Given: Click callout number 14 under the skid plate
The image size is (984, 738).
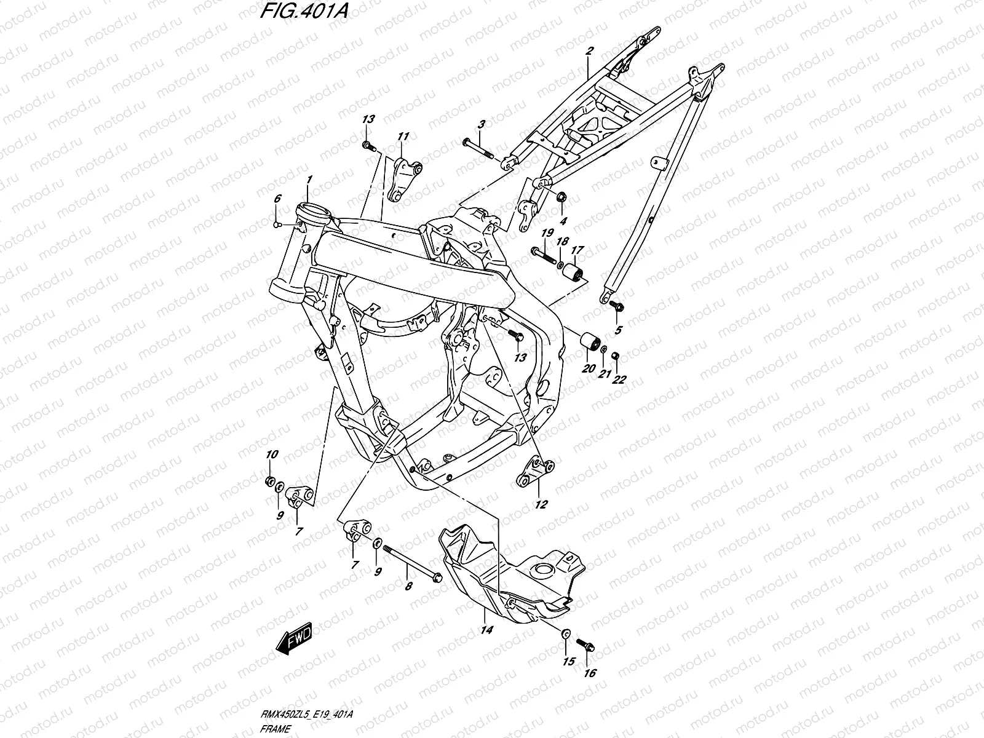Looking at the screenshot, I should (486, 630).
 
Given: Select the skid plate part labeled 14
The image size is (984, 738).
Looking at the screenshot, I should (510, 566).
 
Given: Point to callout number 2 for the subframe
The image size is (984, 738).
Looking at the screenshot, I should (589, 52).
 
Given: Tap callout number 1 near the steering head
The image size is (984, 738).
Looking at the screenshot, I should (310, 179).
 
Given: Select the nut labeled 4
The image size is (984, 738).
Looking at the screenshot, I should (561, 197).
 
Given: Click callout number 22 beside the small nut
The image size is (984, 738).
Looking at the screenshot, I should (618, 379).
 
